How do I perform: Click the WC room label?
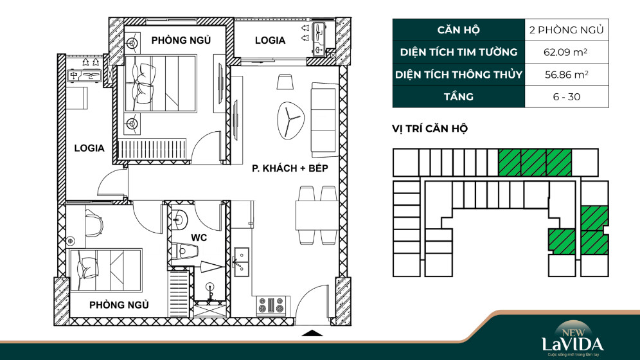199,238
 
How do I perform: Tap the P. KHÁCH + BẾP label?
290,168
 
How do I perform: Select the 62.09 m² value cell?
567,52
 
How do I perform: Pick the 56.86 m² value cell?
567,75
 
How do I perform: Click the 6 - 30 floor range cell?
567,96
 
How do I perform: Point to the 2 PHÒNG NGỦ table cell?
567,30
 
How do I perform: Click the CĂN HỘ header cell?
458,30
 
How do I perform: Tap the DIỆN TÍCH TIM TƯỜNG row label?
458,52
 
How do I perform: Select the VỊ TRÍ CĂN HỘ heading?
430,129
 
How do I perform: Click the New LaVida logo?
573,339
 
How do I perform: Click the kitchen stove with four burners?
271,305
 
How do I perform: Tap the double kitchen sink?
241,262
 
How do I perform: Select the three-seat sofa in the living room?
325,120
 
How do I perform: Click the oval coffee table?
290,120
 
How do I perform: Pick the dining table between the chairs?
317,215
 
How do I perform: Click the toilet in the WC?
184,251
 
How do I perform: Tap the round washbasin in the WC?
179,221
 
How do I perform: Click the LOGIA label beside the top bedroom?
270,40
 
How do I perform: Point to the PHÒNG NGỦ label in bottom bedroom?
119,305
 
